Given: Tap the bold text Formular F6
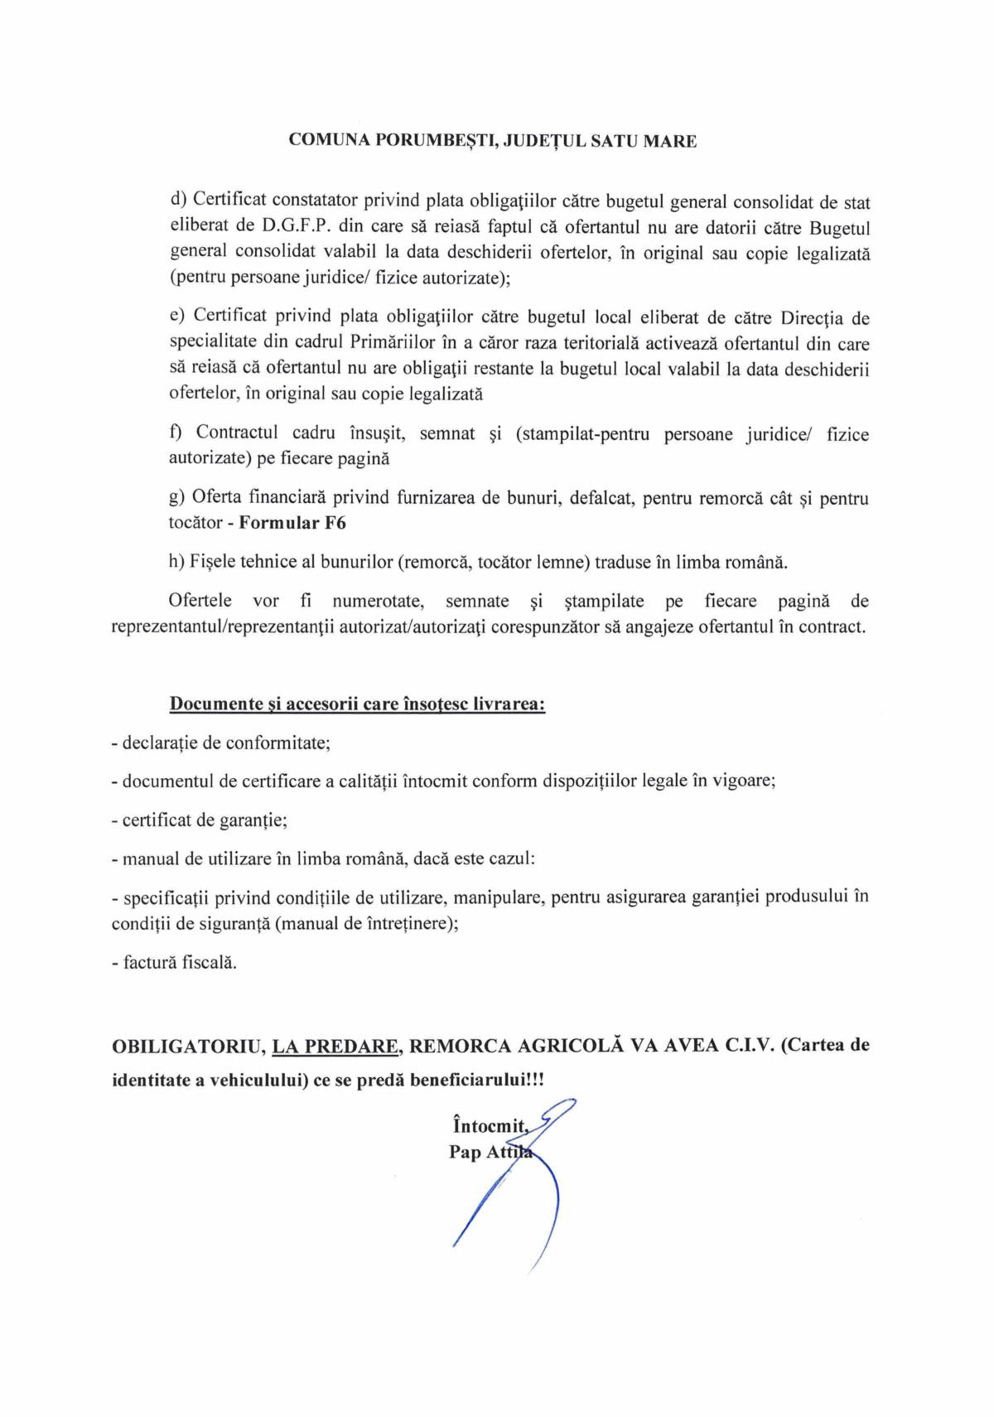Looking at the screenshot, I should (292, 523).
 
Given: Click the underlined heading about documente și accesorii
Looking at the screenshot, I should (357, 704).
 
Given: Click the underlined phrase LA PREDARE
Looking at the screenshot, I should (336, 1046).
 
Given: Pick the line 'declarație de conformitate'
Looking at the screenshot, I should (221, 742).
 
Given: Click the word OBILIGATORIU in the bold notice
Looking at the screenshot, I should (187, 1046).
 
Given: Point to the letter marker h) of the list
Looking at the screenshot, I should (176, 562).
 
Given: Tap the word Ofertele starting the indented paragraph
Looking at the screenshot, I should (200, 601).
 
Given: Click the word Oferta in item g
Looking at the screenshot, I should (215, 497).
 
